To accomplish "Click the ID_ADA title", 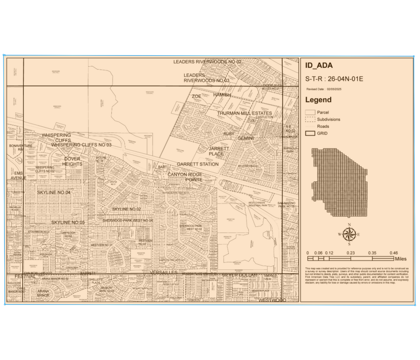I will pos(319,66).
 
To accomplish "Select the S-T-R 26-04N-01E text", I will pos(334,78).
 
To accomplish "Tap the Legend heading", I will pos(318,100).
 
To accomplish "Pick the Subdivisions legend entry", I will pos(328,119).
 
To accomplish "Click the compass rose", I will pos(349,234).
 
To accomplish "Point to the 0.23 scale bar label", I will pos(351,253).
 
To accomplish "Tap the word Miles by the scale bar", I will pos(400,259).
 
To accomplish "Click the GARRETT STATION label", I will pos(198,164).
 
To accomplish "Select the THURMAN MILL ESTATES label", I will pos(245,114).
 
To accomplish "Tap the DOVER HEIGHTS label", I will pos(72,162).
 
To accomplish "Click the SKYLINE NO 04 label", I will pos(54,192).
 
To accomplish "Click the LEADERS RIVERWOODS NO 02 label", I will pos(207,62).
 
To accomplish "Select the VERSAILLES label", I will pos(163,272).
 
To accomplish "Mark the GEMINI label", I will pos(246,138).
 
